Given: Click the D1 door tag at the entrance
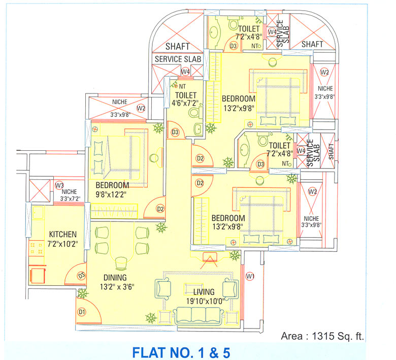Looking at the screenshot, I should coord(81,312).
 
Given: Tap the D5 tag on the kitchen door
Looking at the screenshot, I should coord(81,276).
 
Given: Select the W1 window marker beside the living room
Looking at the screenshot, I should coord(249,276).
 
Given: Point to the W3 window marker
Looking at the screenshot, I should coord(60,185).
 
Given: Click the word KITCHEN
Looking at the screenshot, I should coord(62,235).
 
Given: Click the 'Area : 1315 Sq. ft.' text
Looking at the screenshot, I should coord(322,336).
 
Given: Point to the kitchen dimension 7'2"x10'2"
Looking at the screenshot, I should coord(62,244).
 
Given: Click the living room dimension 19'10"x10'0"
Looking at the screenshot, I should coord(204,301).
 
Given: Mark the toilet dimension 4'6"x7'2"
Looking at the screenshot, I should coord(186,104).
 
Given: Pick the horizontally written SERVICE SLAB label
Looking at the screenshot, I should coord(178,59).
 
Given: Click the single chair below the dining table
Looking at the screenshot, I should coord(121,263).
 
